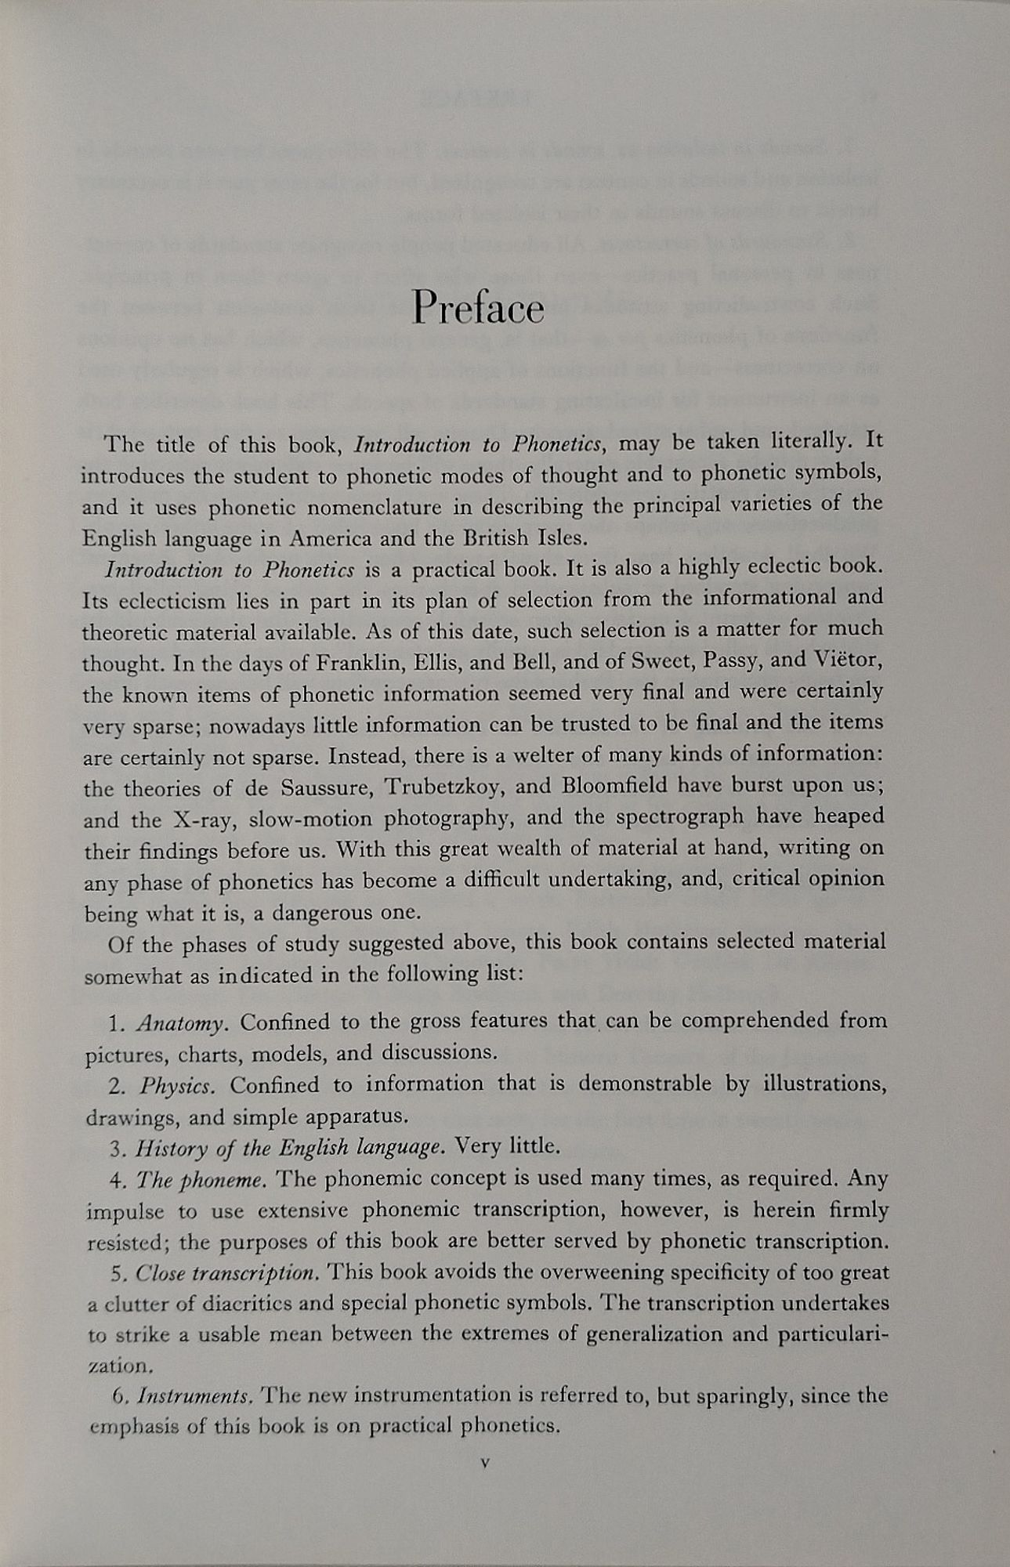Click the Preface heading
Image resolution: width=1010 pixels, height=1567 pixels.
pos(477,308)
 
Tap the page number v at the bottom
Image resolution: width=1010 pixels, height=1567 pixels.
pos(485,1462)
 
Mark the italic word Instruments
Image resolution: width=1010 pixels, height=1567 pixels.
pos(194,1396)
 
